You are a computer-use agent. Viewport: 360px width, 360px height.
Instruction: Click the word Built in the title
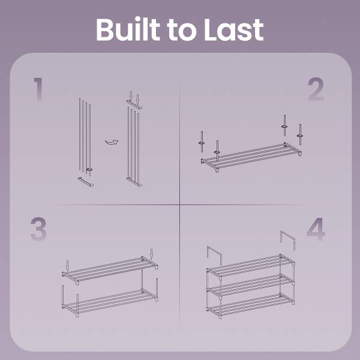tap(128, 29)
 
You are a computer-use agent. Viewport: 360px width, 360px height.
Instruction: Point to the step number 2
tap(316, 89)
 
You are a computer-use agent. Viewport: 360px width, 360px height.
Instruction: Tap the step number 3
tap(38, 229)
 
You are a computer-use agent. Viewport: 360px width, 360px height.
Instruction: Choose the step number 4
tap(316, 229)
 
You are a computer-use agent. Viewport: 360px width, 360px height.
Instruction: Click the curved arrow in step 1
tap(112, 142)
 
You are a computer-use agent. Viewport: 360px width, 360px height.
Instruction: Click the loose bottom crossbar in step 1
tap(86, 182)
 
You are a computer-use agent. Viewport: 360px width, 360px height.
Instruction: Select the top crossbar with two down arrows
tap(134, 104)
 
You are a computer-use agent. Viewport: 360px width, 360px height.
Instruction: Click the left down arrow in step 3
tap(67, 266)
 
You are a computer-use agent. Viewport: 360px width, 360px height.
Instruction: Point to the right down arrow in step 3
tap(151, 254)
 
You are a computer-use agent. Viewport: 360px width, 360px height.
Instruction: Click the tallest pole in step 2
tap(284, 125)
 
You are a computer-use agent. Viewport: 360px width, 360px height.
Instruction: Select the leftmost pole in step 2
tap(202, 142)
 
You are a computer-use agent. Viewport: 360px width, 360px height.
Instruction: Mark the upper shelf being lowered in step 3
tap(110, 271)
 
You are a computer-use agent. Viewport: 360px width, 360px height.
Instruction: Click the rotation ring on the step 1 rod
tap(89, 170)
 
